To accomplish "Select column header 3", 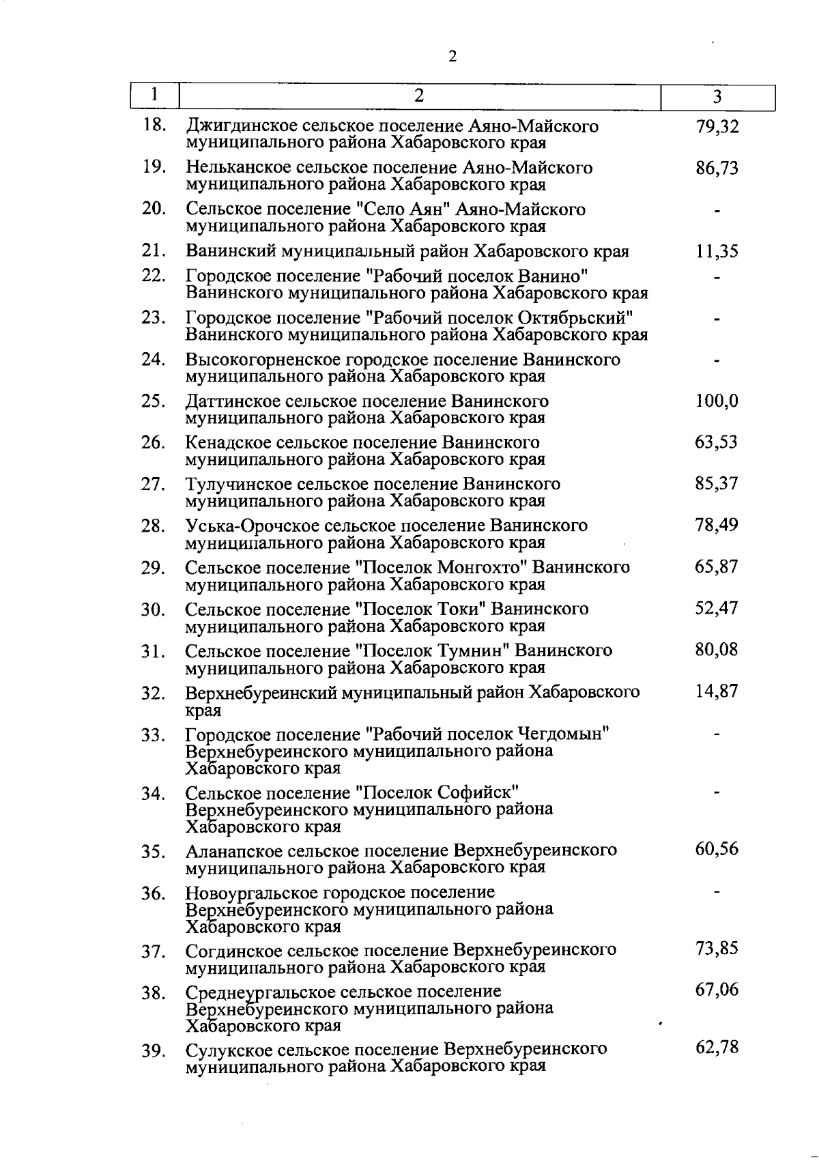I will (x=717, y=97).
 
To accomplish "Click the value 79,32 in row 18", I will (x=717, y=127).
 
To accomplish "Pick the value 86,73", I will (x=717, y=169).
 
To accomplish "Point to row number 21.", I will (x=154, y=251).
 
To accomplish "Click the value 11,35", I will (x=717, y=252).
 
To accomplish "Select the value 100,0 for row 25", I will (x=717, y=401).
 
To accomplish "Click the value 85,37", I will (x=717, y=485).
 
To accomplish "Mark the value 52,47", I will (x=717, y=608).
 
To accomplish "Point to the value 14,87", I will (x=717, y=691).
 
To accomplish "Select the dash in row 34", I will (x=717, y=792).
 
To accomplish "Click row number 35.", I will (x=154, y=852).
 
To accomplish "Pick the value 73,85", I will (x=717, y=949).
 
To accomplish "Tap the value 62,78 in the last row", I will (x=717, y=1048).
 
